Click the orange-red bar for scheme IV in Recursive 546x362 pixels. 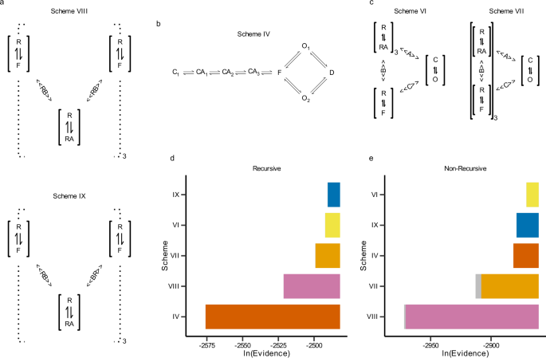273,317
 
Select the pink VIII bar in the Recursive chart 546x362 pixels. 312,286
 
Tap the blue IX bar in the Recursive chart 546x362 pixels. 334,195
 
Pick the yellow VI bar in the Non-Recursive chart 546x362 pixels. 532,195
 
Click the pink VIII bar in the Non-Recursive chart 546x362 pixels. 472,317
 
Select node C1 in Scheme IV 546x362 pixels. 175,73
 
